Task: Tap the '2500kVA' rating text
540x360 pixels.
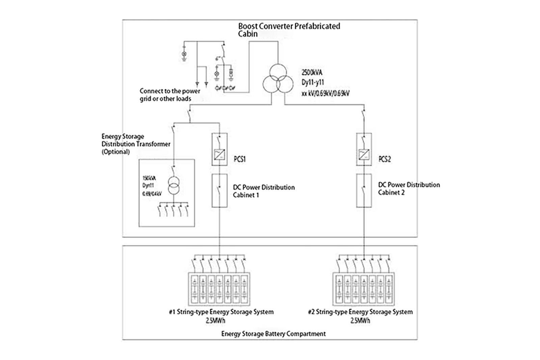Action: point(312,72)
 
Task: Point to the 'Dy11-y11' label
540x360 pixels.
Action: point(313,83)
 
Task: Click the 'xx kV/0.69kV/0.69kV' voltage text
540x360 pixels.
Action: point(325,93)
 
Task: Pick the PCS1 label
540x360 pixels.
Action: point(240,159)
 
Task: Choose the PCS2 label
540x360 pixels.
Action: point(384,159)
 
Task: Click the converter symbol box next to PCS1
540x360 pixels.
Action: point(219,155)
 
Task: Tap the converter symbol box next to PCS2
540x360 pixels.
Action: point(364,155)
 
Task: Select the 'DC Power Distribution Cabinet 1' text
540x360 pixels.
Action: point(264,191)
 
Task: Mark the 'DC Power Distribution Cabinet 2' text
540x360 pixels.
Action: point(409,188)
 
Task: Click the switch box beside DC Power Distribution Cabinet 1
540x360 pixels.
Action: point(219,190)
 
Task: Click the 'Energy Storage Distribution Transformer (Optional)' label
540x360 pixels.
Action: point(136,144)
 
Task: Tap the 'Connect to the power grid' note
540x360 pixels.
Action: point(170,95)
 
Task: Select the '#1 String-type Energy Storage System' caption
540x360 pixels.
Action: point(221,312)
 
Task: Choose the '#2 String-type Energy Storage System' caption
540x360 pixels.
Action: point(360,312)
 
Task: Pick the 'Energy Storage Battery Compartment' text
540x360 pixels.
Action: point(273,334)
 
